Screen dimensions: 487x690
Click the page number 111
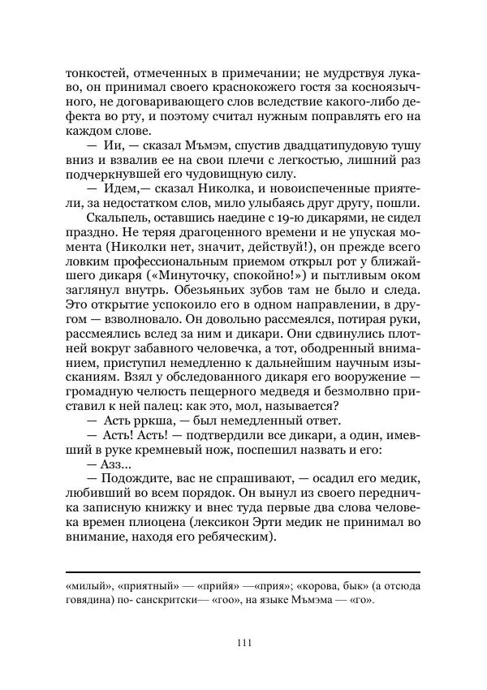(243, 644)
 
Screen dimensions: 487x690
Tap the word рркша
(131, 420)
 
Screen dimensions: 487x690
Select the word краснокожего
(217, 85)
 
